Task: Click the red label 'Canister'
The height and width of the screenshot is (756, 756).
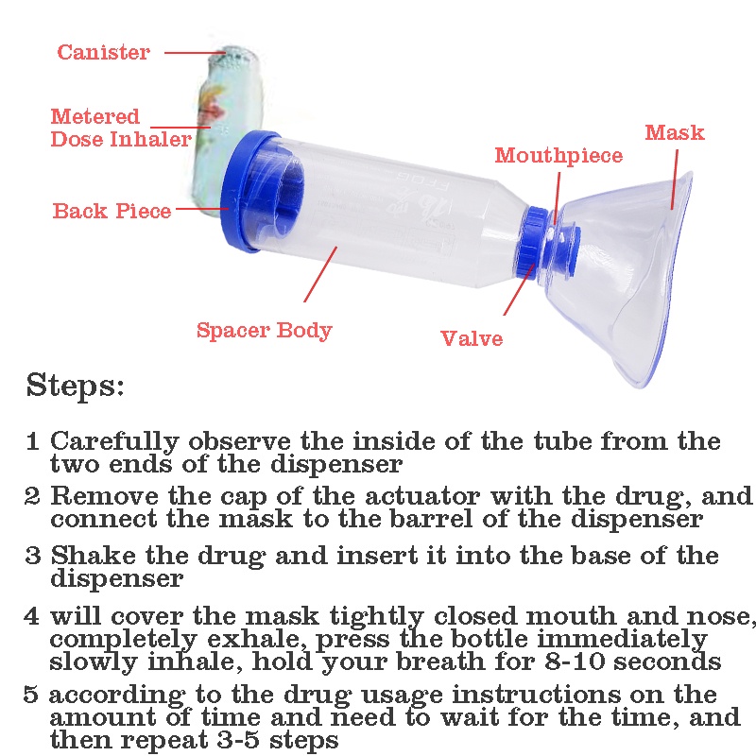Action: [103, 52]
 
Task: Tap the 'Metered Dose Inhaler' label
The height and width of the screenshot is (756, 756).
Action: [120, 129]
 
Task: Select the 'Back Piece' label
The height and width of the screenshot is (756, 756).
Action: [112, 211]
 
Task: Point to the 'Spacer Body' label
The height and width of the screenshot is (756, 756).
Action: [264, 331]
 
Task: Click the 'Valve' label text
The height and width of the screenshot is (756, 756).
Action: [472, 338]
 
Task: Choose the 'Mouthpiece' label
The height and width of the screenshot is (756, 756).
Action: [558, 156]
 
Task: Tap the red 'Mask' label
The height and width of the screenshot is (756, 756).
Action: [675, 132]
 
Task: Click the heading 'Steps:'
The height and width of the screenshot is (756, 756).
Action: [76, 387]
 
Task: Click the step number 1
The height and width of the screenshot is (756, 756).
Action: [32, 441]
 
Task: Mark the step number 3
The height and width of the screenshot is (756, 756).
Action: [32, 556]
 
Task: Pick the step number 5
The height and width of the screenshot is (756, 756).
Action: [32, 695]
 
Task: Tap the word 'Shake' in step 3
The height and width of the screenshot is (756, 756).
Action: [90, 556]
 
